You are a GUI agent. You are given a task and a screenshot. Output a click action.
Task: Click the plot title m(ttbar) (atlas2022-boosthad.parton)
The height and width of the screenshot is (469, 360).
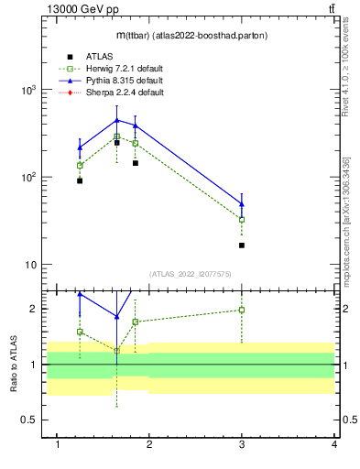pos(191,36)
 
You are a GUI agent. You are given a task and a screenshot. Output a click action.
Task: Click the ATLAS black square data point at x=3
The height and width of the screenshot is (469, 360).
pos(242,245)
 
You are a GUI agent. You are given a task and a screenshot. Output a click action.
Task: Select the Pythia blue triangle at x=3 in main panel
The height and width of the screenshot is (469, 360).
pos(242,204)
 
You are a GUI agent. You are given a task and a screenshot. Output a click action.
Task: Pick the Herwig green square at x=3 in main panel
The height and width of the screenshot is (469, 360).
pos(242,220)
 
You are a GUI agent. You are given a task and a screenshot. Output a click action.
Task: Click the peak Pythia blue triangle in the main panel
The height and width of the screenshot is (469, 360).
pos(116,120)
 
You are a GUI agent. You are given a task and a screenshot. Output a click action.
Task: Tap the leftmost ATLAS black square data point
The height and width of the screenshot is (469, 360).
pos(80,180)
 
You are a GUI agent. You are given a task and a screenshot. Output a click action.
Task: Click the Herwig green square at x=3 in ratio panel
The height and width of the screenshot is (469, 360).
pos(242,310)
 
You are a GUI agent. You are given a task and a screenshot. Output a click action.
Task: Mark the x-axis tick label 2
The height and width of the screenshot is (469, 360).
pos(149,444)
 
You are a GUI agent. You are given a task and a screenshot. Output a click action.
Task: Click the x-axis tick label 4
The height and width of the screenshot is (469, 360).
pos(334,444)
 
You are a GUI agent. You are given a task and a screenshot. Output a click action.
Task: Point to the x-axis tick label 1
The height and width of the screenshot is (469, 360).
pos(58,444)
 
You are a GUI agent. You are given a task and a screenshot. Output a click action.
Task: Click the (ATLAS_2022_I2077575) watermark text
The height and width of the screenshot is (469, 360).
pos(191,273)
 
